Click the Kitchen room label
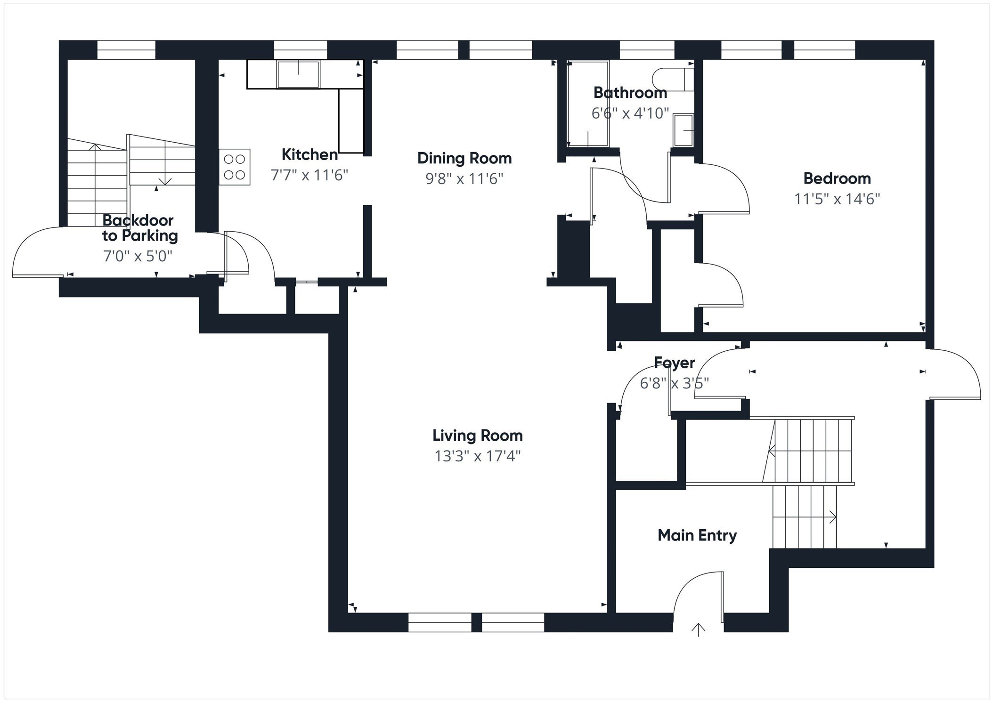309,154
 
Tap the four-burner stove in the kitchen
234,167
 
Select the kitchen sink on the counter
298,74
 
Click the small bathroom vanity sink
683,130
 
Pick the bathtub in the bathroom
588,104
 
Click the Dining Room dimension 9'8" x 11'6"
464,179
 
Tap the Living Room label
477,436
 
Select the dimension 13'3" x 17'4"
477,456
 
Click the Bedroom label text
837,178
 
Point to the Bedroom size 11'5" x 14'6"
837,199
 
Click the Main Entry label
697,535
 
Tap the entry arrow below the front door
698,629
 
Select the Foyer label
674,363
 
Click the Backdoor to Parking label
139,228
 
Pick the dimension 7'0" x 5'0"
138,256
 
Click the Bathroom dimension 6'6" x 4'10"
630,113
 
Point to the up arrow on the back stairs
95,147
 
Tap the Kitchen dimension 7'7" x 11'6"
309,175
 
